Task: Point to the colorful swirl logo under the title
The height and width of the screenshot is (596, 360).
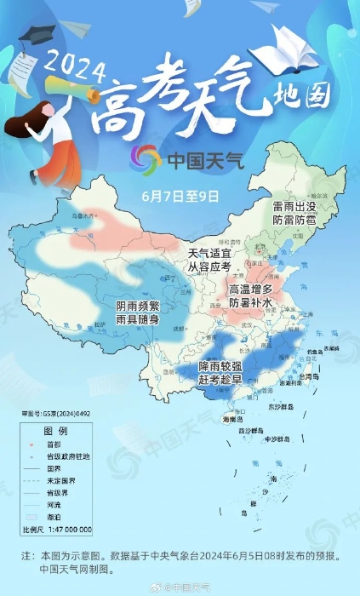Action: click(x=145, y=158)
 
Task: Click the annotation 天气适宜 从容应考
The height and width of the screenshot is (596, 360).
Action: click(x=209, y=260)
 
